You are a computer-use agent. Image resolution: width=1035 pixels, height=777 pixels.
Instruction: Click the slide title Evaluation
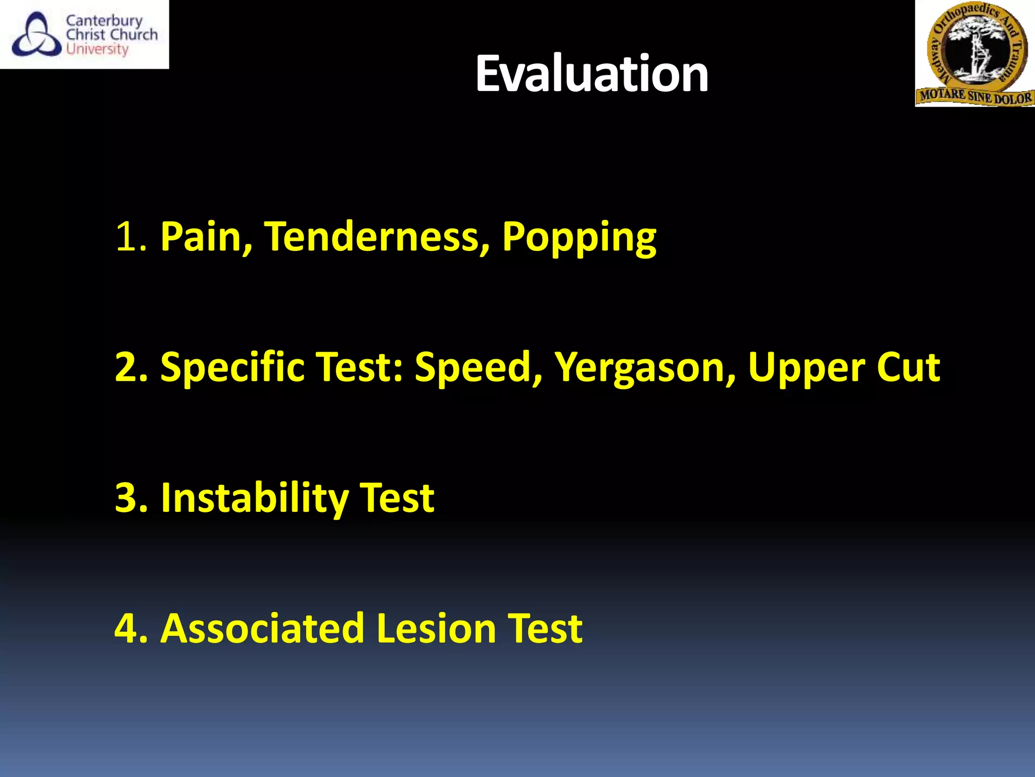tap(591, 74)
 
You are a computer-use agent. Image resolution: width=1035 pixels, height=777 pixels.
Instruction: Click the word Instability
tap(255, 499)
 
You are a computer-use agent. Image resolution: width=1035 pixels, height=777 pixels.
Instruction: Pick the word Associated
tap(262, 628)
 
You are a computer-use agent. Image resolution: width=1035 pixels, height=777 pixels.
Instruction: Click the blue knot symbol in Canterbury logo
tap(36, 35)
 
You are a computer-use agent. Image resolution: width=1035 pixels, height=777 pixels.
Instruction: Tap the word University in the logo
tap(97, 50)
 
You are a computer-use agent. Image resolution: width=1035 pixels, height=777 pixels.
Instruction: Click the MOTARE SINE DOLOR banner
tap(975, 96)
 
